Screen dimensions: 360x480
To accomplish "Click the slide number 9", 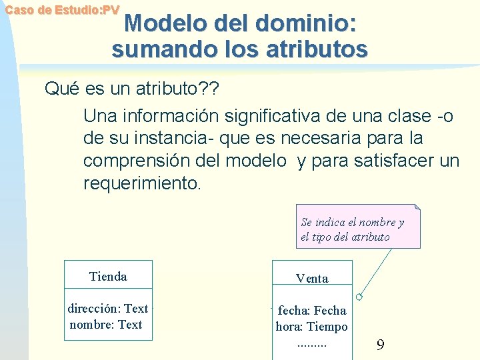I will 380,345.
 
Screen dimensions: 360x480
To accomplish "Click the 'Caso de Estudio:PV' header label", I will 62,10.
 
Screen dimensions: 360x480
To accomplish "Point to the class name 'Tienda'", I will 108,276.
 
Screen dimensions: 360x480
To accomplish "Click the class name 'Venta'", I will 312,279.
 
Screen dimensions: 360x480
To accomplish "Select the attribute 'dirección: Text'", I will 108,308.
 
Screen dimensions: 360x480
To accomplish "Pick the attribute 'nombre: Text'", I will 106,325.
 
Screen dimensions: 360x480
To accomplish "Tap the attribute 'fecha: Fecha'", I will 312,310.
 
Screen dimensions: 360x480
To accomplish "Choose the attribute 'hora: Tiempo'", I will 312,327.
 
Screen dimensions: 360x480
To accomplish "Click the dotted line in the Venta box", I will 312,344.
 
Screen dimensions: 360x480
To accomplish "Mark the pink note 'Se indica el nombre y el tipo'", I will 357,229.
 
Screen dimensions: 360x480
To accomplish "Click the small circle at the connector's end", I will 359,297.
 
